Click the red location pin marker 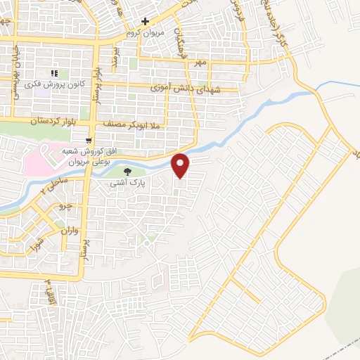click(181, 165)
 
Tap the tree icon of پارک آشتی click(127, 171)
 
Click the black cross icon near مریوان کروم click(145, 21)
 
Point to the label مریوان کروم click(144, 33)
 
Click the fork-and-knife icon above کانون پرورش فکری click(53, 73)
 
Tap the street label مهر click(202, 63)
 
